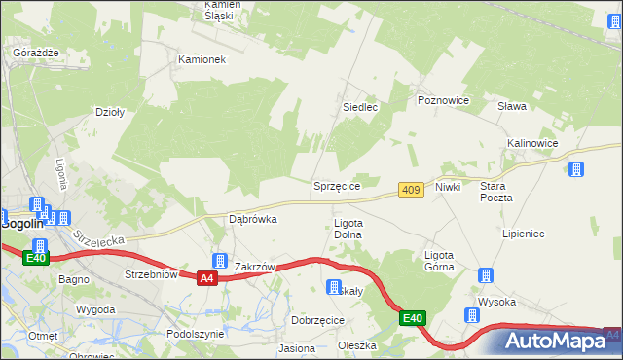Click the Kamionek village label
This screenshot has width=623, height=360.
[x=202, y=59]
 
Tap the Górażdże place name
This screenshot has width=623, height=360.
[x=37, y=52]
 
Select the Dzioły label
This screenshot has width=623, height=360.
[x=108, y=112]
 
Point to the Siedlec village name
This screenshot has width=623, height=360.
[x=359, y=107]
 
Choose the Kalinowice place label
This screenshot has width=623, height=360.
[x=531, y=143]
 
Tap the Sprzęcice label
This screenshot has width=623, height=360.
[x=337, y=185]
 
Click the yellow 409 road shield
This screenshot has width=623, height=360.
[x=411, y=190]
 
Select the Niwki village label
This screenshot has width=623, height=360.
[x=448, y=186]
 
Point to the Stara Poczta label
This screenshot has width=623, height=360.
[x=495, y=191]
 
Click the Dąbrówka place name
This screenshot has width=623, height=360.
[x=252, y=219]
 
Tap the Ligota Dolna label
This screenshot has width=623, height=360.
[x=348, y=229]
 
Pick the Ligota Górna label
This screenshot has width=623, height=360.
[x=439, y=261]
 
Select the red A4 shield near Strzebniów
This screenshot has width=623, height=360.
[x=205, y=279]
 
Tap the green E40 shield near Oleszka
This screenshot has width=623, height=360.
[x=413, y=318]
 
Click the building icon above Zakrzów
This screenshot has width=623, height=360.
[x=220, y=261]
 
